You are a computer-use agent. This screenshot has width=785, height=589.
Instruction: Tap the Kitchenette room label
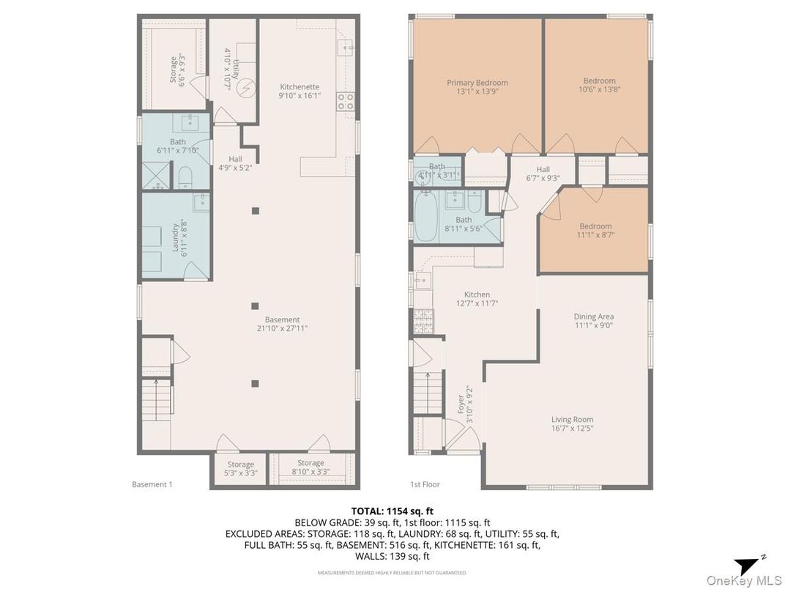pos(299,91)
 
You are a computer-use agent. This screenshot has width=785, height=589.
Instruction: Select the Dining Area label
pos(593,321)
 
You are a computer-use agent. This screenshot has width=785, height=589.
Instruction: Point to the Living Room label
pos(572,424)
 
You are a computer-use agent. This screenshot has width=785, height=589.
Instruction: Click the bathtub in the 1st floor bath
pos(426,216)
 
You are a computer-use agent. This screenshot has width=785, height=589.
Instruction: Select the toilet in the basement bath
pos(185,177)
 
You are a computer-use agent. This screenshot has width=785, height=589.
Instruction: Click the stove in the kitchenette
pos(345,101)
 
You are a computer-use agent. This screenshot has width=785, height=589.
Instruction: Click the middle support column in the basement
pos(255,305)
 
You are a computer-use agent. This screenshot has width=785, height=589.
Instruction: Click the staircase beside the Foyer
pos(427,392)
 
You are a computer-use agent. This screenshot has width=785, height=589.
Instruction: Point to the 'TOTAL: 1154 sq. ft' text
pos(392,511)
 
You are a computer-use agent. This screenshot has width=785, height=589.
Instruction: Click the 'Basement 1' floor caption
pos(152,484)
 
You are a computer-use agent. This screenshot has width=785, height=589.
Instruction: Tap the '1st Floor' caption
pos(425,484)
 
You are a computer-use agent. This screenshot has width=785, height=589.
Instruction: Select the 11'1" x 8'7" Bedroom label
pos(595,231)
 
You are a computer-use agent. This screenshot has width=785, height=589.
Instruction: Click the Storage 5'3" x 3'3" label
pos(240,468)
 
